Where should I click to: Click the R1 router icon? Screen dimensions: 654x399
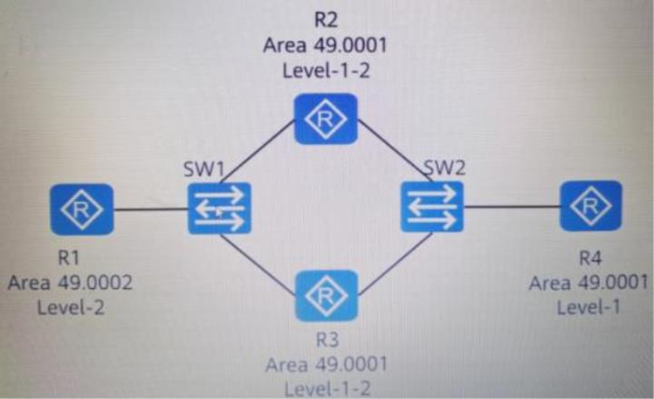(82, 210)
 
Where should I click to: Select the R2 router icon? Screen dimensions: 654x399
(326, 119)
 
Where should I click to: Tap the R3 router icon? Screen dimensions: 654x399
(327, 296)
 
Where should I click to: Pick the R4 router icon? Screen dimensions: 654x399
(590, 206)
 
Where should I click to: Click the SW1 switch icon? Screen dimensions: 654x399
(219, 208)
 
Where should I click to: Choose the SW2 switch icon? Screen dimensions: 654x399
(432, 206)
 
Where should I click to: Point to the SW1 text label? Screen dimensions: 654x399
(204, 169)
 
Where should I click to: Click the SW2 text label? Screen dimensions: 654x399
(444, 168)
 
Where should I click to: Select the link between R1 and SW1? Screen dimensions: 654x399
(151, 209)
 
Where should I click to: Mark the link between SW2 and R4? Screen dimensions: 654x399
(512, 206)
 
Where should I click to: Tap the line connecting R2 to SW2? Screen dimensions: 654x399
(395, 150)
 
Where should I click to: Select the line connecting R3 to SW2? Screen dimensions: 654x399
(395, 264)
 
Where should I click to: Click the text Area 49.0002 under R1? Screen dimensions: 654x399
(70, 283)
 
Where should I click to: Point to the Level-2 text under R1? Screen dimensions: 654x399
(71, 308)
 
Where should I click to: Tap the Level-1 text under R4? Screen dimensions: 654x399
(589, 307)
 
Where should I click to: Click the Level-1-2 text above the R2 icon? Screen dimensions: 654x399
(327, 71)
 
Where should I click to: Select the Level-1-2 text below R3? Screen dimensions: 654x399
(327, 389)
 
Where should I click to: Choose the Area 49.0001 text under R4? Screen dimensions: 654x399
(589, 283)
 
